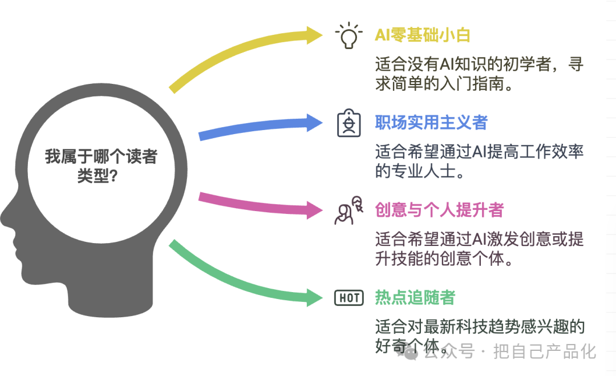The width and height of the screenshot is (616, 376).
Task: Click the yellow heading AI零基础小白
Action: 422,35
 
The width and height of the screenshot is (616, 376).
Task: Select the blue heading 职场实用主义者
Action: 431,123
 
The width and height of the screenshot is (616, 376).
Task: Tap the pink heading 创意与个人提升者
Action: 439,210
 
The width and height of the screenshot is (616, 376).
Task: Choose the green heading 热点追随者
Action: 415,297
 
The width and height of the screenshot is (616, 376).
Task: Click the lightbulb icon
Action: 348,35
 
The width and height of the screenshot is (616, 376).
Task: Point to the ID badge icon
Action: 349,123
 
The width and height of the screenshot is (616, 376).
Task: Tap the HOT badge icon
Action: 349,298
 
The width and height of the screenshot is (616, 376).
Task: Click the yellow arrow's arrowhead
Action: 314,35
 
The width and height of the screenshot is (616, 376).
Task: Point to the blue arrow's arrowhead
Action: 314,123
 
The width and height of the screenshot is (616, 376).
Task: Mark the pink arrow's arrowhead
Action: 314,210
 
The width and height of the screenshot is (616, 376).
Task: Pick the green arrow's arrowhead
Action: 314,297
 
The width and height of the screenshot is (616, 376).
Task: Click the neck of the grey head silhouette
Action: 110,302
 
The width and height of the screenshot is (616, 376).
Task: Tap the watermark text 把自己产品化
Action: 545,351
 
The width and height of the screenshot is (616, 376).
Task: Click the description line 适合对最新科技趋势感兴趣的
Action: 480,326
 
